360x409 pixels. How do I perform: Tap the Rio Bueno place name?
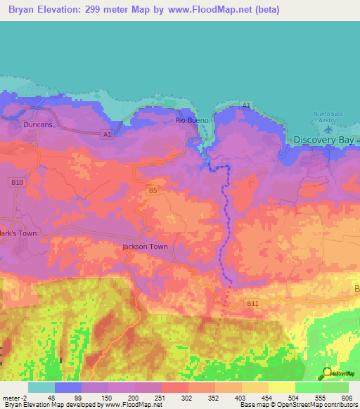pos(189,120)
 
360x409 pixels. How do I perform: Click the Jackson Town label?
pos(145,247)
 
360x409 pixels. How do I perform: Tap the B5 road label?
pos(151,190)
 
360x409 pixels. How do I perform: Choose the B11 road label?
pos(252,302)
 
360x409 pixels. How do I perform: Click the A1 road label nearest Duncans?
pos(107,134)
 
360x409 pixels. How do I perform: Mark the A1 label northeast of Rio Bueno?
pos(246,105)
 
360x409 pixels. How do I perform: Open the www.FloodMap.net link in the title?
pos(219,10)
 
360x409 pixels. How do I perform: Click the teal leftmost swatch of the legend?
pos(41,387)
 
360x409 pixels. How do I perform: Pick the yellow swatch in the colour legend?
pos(281,387)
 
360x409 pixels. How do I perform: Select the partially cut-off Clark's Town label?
pos(18,233)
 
